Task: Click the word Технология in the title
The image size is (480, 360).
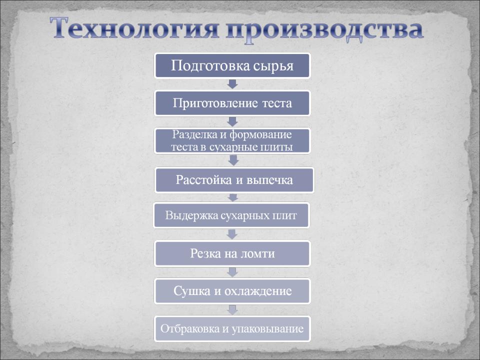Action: [134, 28]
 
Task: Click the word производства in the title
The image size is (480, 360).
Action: [325, 29]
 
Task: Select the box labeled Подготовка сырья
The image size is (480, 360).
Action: [232, 65]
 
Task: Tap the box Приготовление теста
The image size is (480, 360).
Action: [232, 103]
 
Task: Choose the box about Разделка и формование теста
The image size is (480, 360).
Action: [232, 141]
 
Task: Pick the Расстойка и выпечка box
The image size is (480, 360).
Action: [234, 180]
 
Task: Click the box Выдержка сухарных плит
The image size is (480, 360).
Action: [231, 215]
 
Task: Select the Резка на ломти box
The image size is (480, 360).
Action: [232, 253]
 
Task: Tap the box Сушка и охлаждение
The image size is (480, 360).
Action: [232, 291]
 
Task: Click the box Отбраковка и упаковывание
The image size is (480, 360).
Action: [232, 329]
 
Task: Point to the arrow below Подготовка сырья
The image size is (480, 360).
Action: [232, 84]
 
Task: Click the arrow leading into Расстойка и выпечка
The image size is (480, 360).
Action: [233, 160]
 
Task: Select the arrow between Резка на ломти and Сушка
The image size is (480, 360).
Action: [232, 272]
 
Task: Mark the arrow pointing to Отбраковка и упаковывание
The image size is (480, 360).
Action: [232, 310]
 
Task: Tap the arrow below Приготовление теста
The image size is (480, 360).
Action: [232, 122]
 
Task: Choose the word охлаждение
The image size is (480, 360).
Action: [258, 291]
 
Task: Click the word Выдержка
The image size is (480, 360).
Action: [183, 216]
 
